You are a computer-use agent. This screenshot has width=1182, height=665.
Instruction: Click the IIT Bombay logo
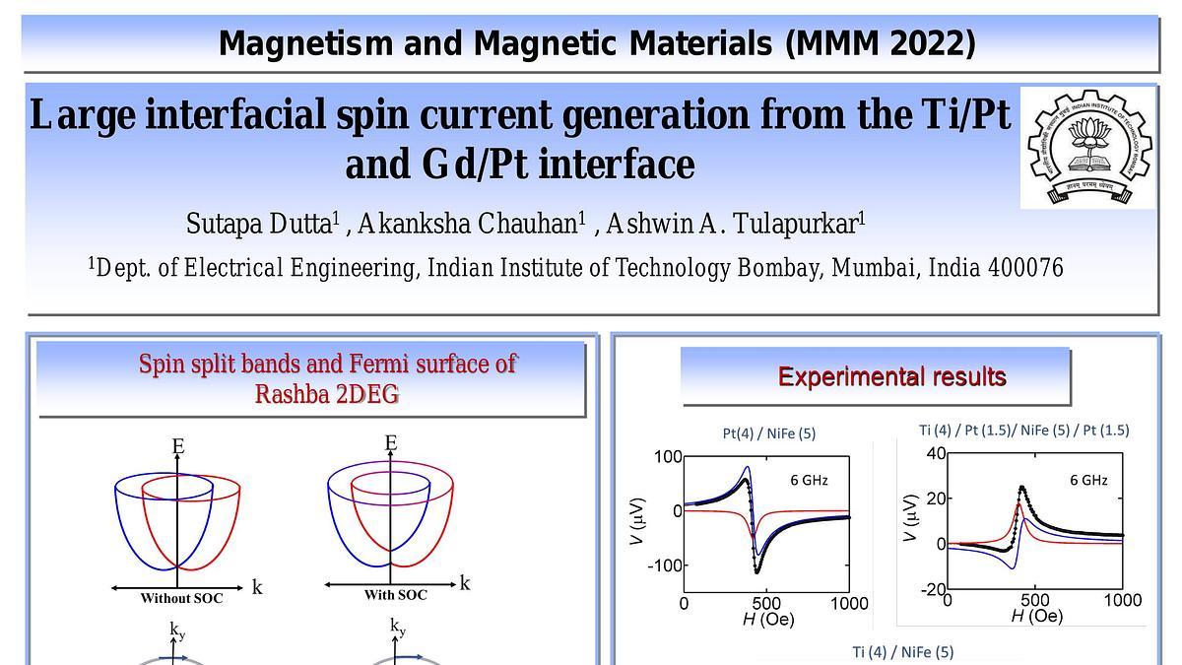click(x=1087, y=147)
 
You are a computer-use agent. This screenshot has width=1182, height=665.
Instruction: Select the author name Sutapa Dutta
click(x=259, y=224)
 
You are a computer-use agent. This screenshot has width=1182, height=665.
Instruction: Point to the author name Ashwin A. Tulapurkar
click(x=732, y=224)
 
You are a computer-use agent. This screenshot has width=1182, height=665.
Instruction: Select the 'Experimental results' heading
click(x=891, y=376)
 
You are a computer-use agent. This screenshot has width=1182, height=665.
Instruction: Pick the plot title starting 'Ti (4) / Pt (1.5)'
click(x=1023, y=430)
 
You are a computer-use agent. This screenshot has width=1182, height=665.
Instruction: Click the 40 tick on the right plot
click(x=936, y=453)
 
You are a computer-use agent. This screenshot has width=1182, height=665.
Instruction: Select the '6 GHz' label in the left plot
click(x=808, y=481)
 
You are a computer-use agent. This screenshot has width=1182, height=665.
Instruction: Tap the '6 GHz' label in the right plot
click(x=1088, y=481)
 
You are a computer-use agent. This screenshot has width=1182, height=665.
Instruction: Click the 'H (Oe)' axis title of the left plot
click(x=767, y=620)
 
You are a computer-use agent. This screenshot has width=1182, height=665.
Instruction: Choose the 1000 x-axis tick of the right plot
click(x=1121, y=600)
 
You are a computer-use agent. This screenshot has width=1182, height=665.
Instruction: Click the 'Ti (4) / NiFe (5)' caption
click(x=902, y=651)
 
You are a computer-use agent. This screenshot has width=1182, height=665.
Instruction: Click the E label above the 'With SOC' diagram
click(x=390, y=443)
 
